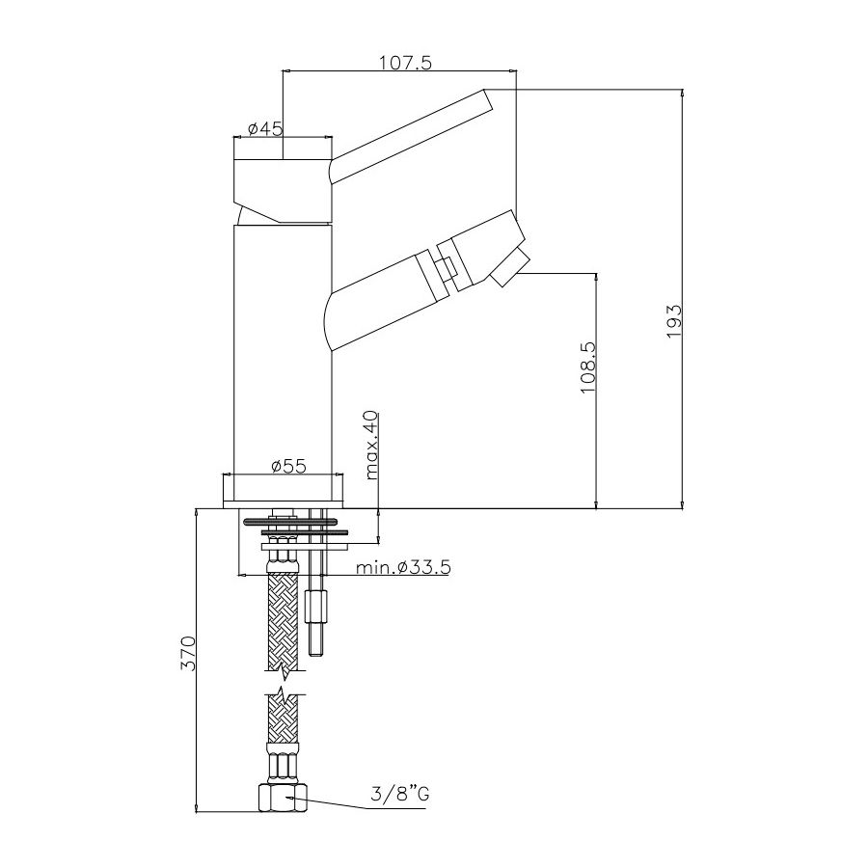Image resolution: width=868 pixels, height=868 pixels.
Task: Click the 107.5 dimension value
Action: tap(405, 63)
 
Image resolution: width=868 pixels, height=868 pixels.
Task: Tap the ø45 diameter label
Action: tap(265, 129)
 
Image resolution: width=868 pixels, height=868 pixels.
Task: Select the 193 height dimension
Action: tap(674, 321)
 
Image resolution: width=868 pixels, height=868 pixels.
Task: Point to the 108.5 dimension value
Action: tap(588, 367)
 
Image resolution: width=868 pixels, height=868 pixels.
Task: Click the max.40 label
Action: tap(371, 445)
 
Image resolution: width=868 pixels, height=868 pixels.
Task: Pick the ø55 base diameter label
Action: tap(288, 467)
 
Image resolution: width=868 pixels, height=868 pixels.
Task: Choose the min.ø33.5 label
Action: tap(403, 567)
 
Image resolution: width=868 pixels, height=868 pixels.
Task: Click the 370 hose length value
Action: tap(189, 654)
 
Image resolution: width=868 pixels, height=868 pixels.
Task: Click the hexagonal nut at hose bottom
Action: tap(284, 798)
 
